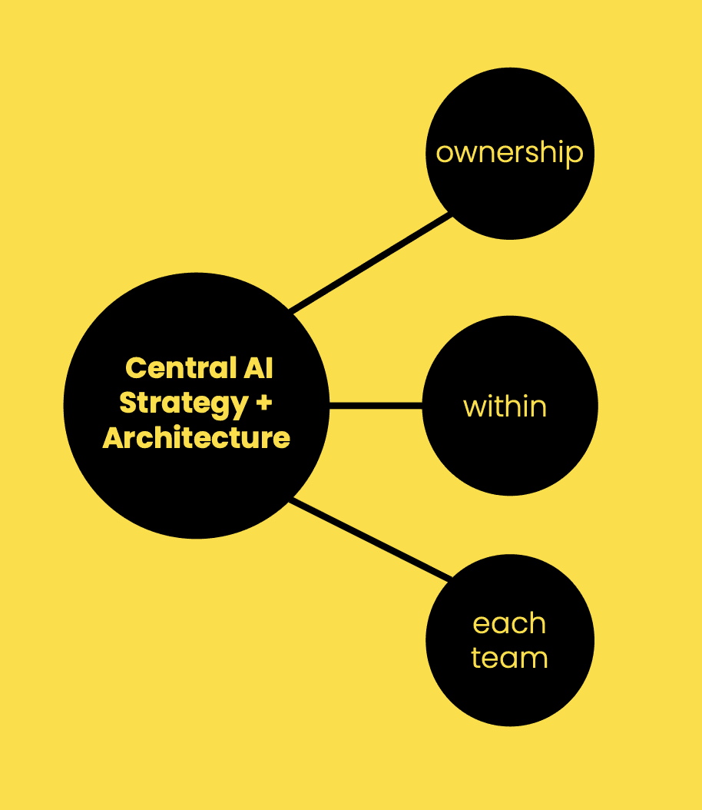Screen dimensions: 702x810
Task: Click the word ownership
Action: [x=509, y=153]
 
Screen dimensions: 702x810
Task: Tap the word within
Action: [x=505, y=406]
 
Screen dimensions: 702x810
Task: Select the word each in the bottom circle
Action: [x=509, y=623]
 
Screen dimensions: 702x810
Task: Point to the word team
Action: [x=509, y=658]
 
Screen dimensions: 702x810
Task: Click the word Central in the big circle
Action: [x=180, y=368]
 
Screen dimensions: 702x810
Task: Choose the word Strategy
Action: [x=184, y=404]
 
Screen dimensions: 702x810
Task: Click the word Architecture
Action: [x=196, y=438]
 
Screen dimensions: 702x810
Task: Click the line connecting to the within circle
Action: [x=376, y=405]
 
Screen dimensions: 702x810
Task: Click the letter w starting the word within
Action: [x=472, y=407]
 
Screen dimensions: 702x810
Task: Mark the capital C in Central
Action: [x=135, y=368]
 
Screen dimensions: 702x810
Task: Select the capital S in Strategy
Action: [x=128, y=403]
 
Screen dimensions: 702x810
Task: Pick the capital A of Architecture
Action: [x=113, y=438]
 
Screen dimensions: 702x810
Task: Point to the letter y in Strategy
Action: [x=240, y=407]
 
